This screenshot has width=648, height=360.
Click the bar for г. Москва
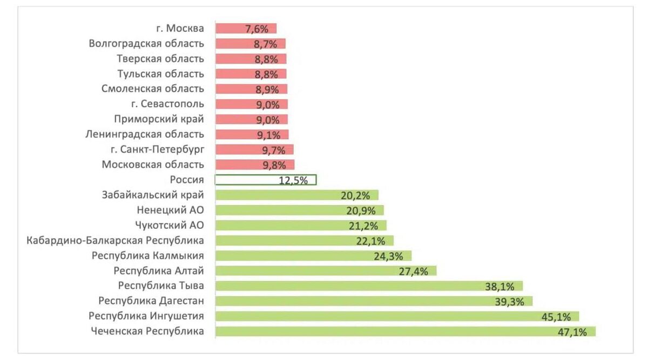coord(246,29)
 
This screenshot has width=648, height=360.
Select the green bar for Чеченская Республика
coord(405,331)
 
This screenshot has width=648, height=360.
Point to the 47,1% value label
coord(572,332)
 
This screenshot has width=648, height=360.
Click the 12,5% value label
coord(293,181)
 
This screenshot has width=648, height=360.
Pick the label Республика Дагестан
coord(151,301)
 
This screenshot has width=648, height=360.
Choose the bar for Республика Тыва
coord(369,286)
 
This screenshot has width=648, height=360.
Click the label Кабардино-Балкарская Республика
coord(115,240)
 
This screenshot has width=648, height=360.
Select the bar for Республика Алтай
coord(326,270)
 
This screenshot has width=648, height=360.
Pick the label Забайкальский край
coord(153,195)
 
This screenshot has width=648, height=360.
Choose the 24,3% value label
coord(388,256)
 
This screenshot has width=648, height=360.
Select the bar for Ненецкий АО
coord(299,210)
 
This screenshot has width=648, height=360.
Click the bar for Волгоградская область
coord(250,44)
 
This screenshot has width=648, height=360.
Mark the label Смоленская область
coord(153,89)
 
